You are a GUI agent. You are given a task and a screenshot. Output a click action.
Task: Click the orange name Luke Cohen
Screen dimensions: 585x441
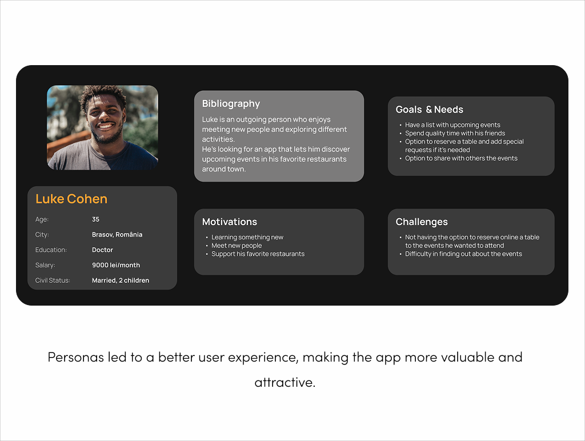click(71, 199)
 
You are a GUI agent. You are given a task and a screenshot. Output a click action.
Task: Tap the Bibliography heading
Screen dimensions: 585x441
click(231, 104)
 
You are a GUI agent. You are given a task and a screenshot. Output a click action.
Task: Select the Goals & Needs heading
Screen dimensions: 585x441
click(430, 109)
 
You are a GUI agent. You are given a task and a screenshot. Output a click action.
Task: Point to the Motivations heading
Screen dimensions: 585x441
click(230, 222)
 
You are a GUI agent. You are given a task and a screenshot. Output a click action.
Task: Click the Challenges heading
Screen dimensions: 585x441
click(422, 222)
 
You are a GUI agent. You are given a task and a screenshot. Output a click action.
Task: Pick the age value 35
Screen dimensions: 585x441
click(95, 219)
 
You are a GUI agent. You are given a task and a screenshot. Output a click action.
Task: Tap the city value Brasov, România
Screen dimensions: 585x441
click(117, 234)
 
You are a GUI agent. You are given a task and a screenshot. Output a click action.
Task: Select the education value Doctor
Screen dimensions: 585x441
click(103, 250)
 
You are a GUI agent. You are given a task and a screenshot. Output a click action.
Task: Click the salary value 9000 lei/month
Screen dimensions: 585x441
click(116, 265)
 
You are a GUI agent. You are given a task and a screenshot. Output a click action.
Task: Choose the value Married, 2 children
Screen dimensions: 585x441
click(121, 280)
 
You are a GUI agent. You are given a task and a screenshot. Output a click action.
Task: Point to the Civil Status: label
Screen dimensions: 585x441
click(53, 280)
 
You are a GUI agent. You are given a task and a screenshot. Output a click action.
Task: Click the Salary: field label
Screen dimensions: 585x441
click(45, 265)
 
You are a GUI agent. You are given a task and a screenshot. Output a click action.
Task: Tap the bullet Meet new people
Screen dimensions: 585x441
click(237, 246)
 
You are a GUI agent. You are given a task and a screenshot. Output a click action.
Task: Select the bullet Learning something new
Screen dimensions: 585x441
click(247, 237)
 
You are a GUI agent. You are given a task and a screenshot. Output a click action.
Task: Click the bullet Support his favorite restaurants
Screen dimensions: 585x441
click(258, 254)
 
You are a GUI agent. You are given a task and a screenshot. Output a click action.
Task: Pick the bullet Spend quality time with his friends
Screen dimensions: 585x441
click(455, 133)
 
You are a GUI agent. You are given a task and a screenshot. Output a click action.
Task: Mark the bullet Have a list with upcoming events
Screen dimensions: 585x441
click(452, 125)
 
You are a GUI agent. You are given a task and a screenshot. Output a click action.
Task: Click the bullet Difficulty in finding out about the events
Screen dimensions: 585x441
click(463, 254)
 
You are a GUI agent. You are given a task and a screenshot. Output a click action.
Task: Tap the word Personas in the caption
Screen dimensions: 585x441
click(76, 357)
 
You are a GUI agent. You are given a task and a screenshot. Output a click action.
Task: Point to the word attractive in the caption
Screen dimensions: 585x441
click(285, 382)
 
